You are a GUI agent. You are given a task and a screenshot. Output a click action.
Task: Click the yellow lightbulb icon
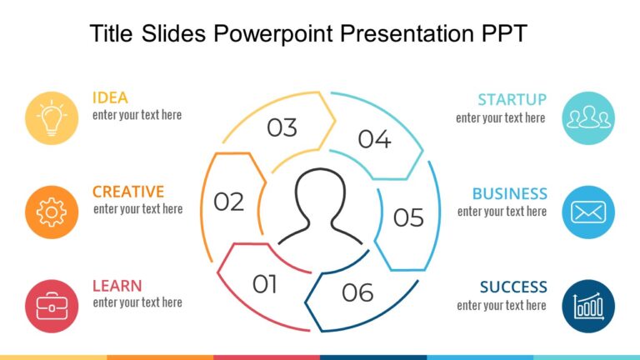click(52, 117)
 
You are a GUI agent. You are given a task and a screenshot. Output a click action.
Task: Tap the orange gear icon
click(52, 212)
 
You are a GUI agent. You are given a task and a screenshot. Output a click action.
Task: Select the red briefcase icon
click(52, 306)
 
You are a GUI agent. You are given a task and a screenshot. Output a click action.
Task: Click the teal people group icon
click(588, 117)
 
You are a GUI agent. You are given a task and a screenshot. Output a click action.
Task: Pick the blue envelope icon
click(588, 212)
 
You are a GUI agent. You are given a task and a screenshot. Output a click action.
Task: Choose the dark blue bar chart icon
click(588, 306)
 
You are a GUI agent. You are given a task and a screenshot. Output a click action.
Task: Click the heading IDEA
click(110, 97)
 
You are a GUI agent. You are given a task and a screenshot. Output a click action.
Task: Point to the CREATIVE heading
click(128, 192)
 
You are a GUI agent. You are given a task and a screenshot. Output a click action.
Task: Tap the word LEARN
click(117, 286)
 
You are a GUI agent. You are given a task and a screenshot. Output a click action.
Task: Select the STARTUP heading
click(512, 100)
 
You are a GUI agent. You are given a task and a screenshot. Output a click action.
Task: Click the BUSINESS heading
click(509, 194)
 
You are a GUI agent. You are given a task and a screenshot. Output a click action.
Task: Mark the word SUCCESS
click(513, 287)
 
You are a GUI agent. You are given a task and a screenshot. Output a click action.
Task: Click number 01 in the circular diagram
click(265, 285)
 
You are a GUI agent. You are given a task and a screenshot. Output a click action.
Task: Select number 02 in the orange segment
click(228, 202)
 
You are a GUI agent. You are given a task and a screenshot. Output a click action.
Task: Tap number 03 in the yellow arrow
click(282, 128)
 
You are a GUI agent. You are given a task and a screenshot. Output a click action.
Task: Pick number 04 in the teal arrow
click(374, 140)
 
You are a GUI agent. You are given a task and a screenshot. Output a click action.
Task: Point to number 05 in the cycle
click(408, 217)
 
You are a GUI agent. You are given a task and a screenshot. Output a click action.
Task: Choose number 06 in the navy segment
click(357, 293)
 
